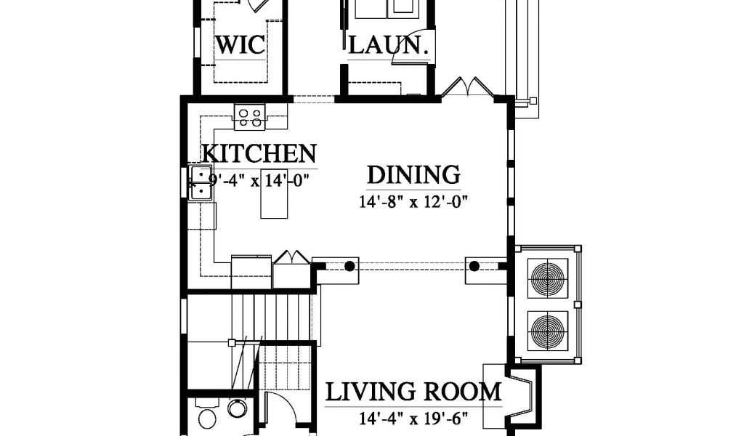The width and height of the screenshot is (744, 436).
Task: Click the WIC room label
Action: coord(240,45)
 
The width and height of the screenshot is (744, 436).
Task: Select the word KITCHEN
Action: coord(259,153)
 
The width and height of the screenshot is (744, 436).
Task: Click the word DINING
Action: coord(413,174)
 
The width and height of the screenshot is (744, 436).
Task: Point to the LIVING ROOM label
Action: coord(413,392)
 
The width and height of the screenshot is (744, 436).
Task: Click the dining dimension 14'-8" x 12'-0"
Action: coord(413,202)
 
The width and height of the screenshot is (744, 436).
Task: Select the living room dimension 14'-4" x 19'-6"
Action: coord(413,419)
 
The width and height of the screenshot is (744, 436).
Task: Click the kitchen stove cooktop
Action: coord(250,117)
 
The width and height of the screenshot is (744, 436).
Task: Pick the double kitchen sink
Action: coord(201,182)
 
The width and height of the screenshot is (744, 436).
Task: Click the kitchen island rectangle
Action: coord(274,201)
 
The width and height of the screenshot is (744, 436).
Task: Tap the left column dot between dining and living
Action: coord(349,266)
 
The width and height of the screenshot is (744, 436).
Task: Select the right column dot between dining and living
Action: coord(474,266)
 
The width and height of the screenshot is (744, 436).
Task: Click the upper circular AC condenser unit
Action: coord(548,279)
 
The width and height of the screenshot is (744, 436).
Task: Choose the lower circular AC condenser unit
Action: coord(548,331)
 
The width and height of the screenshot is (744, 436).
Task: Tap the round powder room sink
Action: coord(237,408)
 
